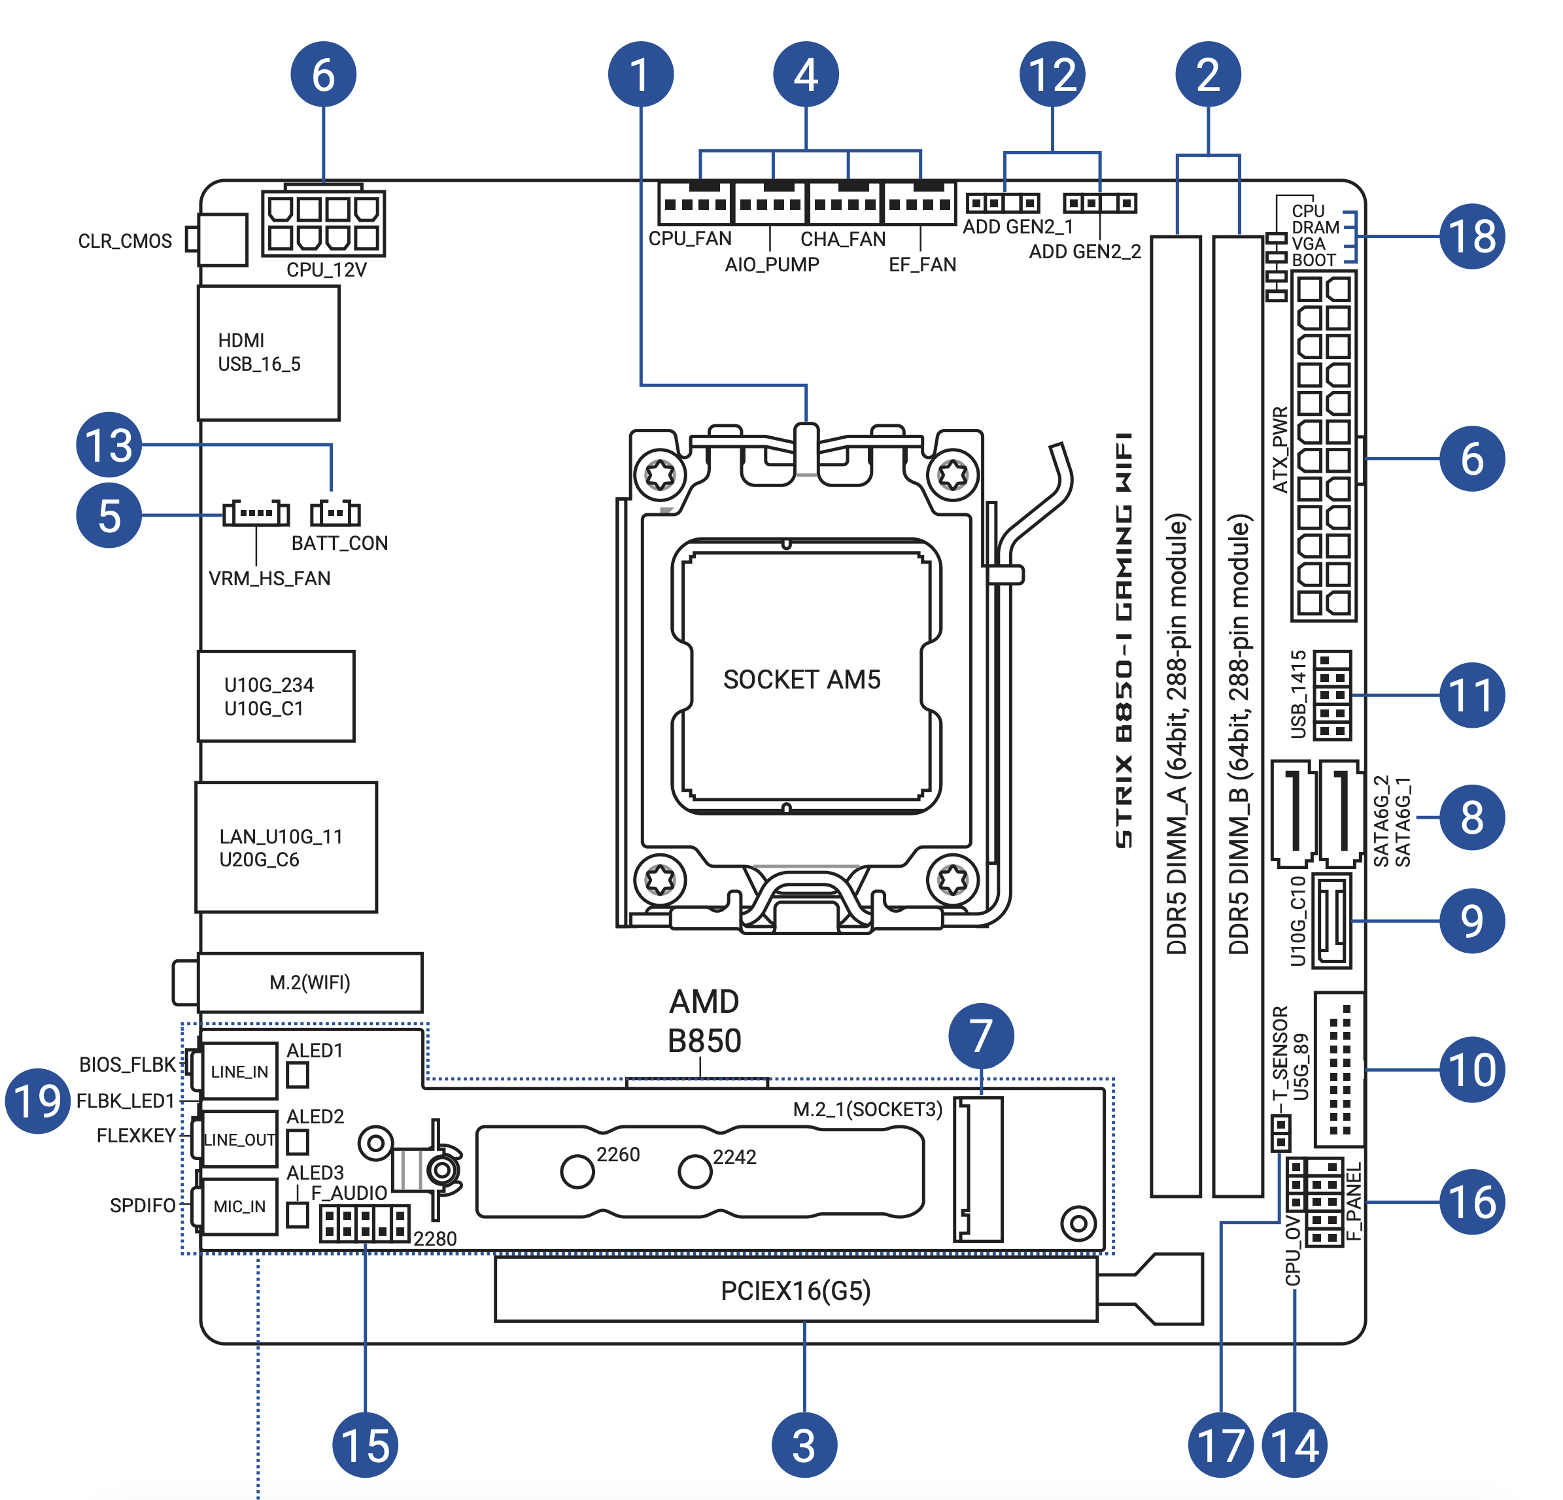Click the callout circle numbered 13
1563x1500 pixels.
tap(109, 444)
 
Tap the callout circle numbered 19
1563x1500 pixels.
tap(37, 1100)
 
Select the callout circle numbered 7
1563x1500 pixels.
tap(981, 1036)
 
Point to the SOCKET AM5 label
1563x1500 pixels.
tap(801, 679)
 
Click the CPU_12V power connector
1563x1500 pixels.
tap(324, 223)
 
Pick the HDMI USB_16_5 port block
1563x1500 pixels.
tap(269, 352)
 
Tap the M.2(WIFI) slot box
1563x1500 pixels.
tap(310, 981)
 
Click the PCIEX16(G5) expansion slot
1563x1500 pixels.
tap(796, 1289)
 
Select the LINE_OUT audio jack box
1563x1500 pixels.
tap(239, 1140)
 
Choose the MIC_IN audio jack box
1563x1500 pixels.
tap(239, 1206)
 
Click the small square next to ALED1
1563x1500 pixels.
tap(298, 1075)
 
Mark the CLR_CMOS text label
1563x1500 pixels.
tap(125, 241)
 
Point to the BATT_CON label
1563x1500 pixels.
tap(339, 543)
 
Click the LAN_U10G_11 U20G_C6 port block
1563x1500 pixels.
tap(286, 847)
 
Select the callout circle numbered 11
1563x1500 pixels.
tap(1472, 694)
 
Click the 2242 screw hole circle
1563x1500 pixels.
tap(695, 1172)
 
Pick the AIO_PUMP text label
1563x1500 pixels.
tap(772, 264)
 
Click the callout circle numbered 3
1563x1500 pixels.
tap(804, 1445)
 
